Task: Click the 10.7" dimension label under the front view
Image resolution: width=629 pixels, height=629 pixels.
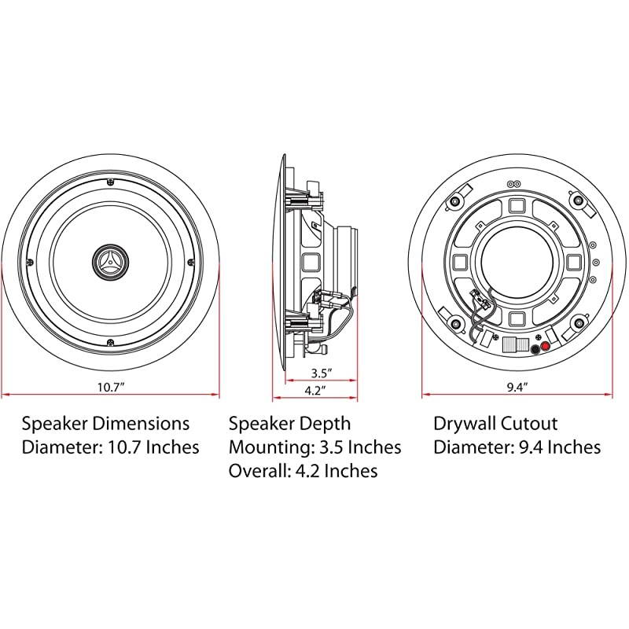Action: coord(110,387)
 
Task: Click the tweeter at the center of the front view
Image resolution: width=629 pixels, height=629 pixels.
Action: coord(110,261)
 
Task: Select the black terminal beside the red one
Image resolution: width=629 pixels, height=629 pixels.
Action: coord(535,349)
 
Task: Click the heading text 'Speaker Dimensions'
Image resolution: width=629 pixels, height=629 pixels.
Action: coord(105,424)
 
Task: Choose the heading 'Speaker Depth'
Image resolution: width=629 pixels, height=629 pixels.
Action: coord(289,424)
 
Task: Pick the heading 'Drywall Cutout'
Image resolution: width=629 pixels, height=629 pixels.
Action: coord(495,424)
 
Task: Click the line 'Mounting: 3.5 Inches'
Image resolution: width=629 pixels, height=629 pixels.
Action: coord(314,447)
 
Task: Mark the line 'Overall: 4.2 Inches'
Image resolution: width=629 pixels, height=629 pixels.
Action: coord(303,471)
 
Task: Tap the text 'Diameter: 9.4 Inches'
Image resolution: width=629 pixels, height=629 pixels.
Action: coord(517,447)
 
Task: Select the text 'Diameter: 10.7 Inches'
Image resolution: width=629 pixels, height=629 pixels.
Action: coord(110,447)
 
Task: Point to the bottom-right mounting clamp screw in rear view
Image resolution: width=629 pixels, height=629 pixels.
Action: coord(579,322)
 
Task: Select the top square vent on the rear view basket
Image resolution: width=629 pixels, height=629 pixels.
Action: coord(517,205)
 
